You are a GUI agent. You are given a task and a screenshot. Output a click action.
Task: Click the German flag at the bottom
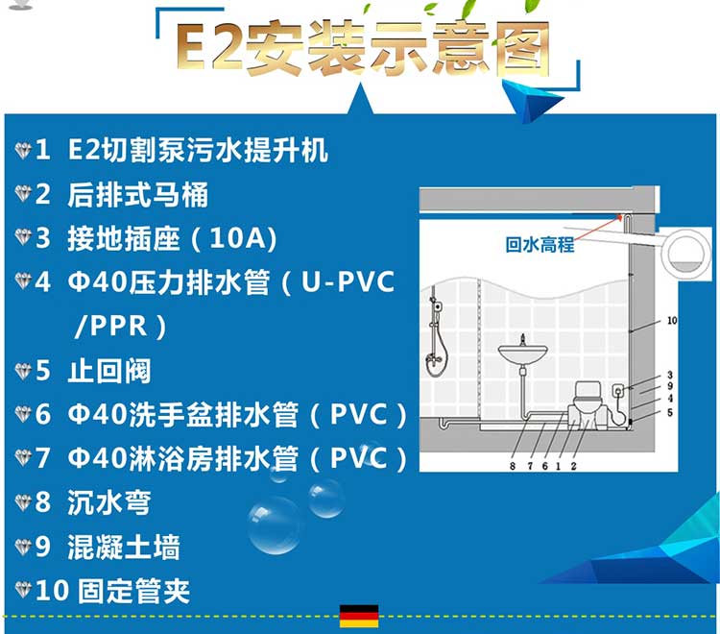(x=359, y=616)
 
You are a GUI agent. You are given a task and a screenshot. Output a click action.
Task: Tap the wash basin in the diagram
(x=522, y=354)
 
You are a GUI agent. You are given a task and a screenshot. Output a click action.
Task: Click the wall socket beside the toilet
(x=618, y=391)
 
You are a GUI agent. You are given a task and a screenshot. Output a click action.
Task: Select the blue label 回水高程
(x=540, y=244)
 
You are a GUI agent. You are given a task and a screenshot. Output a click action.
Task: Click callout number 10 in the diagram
(x=672, y=321)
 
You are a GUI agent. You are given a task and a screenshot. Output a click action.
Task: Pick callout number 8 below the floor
(x=513, y=466)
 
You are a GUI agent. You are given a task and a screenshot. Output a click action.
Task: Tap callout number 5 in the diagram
(x=670, y=412)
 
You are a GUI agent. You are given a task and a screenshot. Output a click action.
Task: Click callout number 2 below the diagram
(x=573, y=466)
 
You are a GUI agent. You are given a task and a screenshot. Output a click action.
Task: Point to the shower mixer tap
(x=434, y=358)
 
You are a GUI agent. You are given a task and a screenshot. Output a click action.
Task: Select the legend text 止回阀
(x=109, y=371)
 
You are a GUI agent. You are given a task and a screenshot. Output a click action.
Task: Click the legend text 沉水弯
(x=109, y=502)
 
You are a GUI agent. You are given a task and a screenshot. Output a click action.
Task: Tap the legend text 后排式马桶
(x=137, y=194)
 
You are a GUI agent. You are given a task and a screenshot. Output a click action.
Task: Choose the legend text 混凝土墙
(x=124, y=547)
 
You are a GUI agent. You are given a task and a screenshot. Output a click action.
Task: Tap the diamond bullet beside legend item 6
(x=22, y=414)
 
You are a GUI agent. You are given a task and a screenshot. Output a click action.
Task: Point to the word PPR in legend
(x=118, y=326)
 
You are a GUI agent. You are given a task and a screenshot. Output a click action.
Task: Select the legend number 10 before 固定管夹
(x=52, y=591)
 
